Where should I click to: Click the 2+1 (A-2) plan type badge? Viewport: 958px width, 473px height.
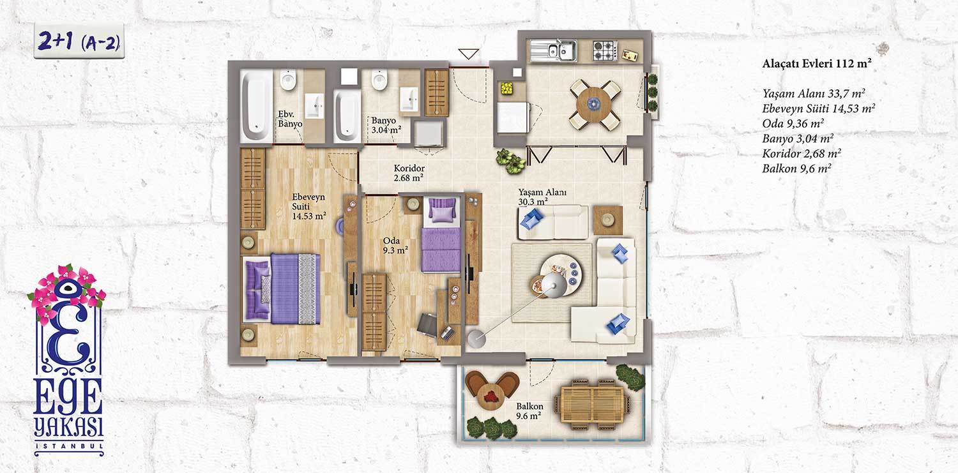[79, 41]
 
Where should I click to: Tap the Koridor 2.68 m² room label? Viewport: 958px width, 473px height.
[409, 172]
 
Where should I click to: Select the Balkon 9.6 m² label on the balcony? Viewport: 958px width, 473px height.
[529, 411]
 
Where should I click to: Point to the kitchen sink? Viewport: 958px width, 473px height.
[554, 51]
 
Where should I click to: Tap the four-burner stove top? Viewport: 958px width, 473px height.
[605, 50]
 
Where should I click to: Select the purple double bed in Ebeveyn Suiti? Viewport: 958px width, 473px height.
[282, 289]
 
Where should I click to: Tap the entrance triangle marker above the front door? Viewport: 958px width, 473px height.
[468, 54]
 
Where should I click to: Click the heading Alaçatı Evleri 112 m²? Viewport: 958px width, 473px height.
[817, 63]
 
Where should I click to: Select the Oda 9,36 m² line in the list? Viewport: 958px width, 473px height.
[793, 123]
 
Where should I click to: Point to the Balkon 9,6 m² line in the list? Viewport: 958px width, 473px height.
[796, 169]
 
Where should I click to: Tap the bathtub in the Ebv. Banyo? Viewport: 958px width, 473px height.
[256, 105]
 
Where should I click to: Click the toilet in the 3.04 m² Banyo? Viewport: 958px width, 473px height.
[379, 80]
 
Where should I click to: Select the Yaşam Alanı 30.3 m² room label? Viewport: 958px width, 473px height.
[542, 197]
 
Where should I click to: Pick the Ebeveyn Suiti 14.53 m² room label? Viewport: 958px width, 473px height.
[308, 206]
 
